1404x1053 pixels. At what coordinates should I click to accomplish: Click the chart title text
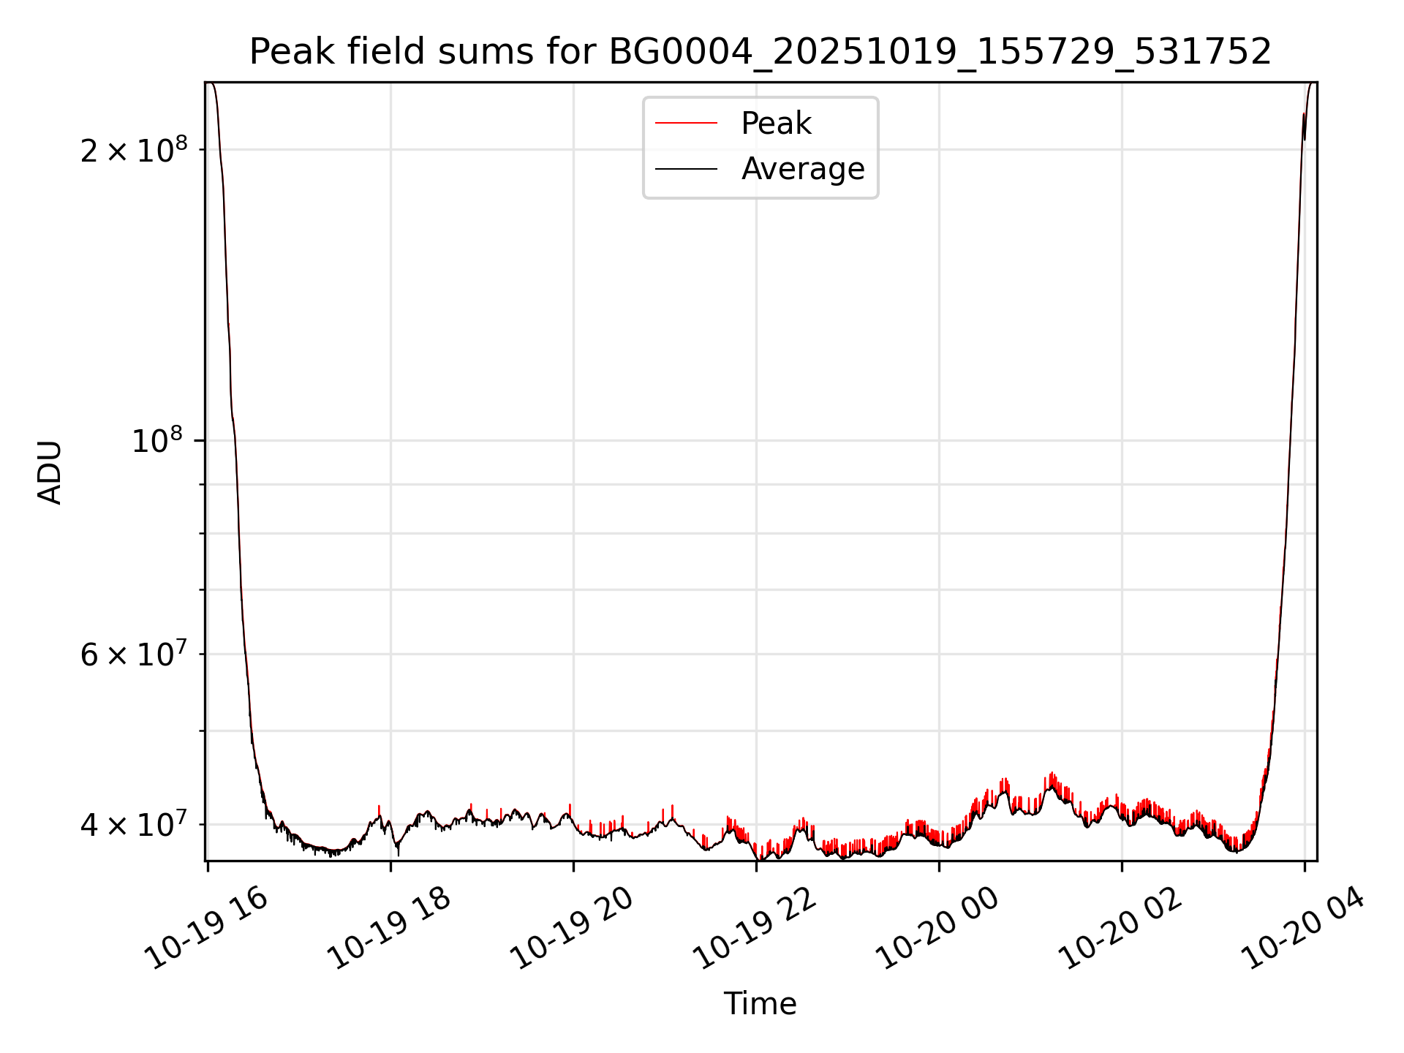(760, 52)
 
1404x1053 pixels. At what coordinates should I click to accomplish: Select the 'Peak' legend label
(776, 124)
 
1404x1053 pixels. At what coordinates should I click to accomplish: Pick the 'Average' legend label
(803, 169)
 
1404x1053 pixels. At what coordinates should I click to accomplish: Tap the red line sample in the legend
(686, 124)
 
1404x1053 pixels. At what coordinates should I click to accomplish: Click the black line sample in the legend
(686, 169)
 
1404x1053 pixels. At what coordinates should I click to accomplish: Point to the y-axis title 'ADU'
(50, 472)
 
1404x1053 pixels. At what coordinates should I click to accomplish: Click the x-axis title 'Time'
(760, 1004)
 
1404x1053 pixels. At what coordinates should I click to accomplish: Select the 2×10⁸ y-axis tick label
(133, 151)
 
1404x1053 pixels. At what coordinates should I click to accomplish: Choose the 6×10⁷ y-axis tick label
(133, 654)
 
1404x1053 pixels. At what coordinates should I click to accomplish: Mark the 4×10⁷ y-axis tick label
(133, 825)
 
